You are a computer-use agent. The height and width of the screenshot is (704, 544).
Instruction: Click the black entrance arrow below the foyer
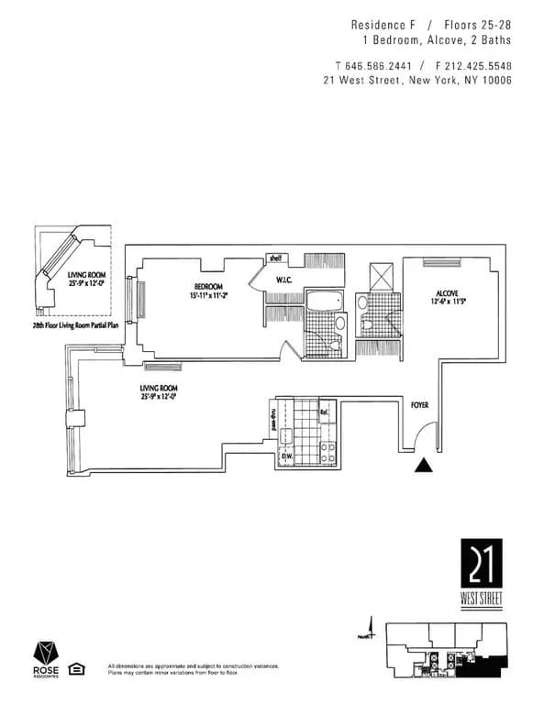(x=422, y=466)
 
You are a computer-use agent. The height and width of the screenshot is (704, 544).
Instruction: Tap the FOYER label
(x=420, y=404)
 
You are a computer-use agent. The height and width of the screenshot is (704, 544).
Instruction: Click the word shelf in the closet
(x=273, y=258)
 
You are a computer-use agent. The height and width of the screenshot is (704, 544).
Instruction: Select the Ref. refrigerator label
(x=324, y=413)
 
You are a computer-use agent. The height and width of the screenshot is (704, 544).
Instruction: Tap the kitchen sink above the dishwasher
(x=285, y=436)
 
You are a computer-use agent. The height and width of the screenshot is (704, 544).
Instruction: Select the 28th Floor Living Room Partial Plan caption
(x=76, y=324)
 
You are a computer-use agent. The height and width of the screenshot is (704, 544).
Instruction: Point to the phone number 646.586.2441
(x=377, y=66)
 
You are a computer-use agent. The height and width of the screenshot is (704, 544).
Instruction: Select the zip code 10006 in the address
(x=494, y=81)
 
